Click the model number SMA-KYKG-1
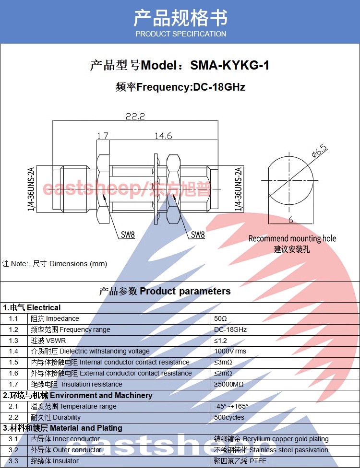coord(229,65)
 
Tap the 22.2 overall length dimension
coord(135,116)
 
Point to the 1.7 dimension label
coord(103,136)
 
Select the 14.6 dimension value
coord(163,136)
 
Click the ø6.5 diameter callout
coord(319,151)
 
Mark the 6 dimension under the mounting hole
coord(291,220)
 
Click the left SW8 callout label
coord(128,235)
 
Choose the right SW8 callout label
coord(198,235)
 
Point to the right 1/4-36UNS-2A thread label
coord(238,189)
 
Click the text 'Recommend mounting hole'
coord(292,238)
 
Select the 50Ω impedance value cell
coord(220,318)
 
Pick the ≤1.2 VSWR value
coord(220,341)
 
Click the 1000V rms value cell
coord(230,351)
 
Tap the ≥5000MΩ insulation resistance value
coord(229,384)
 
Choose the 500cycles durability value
coord(229,417)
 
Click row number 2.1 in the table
coord(13,406)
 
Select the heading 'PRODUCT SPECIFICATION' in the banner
coord(180,34)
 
